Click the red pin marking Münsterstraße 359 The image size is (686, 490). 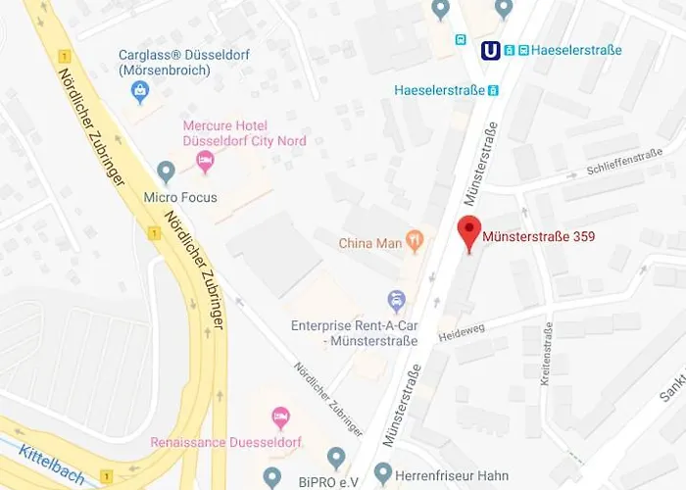[x=470, y=232]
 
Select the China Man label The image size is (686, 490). [x=370, y=242]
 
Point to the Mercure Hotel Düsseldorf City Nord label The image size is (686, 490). [x=244, y=133]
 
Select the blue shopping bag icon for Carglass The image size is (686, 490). [x=141, y=92]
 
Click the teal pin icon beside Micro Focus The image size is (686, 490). [x=166, y=172]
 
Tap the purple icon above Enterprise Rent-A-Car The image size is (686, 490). [x=396, y=298]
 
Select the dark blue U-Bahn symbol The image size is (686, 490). [x=490, y=49]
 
